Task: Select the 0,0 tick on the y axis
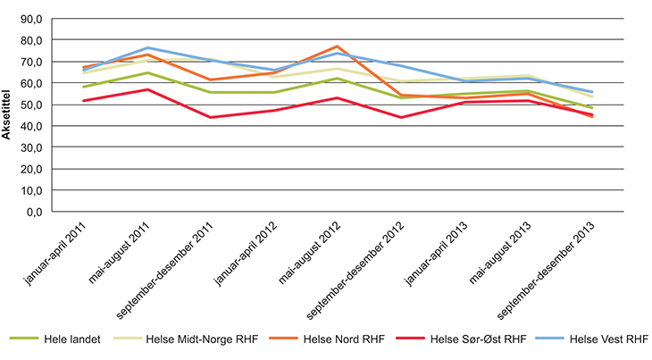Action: (x=33, y=212)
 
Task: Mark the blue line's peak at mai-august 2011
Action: (x=146, y=48)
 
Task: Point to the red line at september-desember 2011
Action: (x=212, y=117)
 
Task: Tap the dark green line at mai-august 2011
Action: (x=146, y=73)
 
